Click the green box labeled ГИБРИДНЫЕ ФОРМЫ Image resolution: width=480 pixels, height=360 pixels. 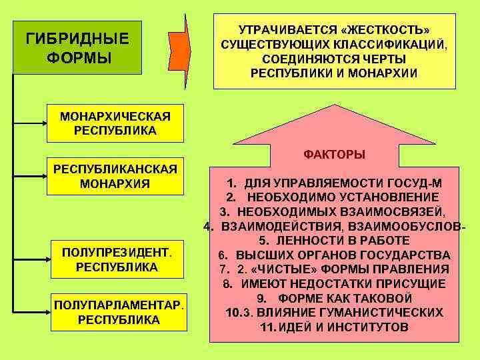tap(77, 45)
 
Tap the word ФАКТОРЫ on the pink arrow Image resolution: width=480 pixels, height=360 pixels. tap(334, 155)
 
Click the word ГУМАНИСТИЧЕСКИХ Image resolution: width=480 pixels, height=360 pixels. tap(381, 313)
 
